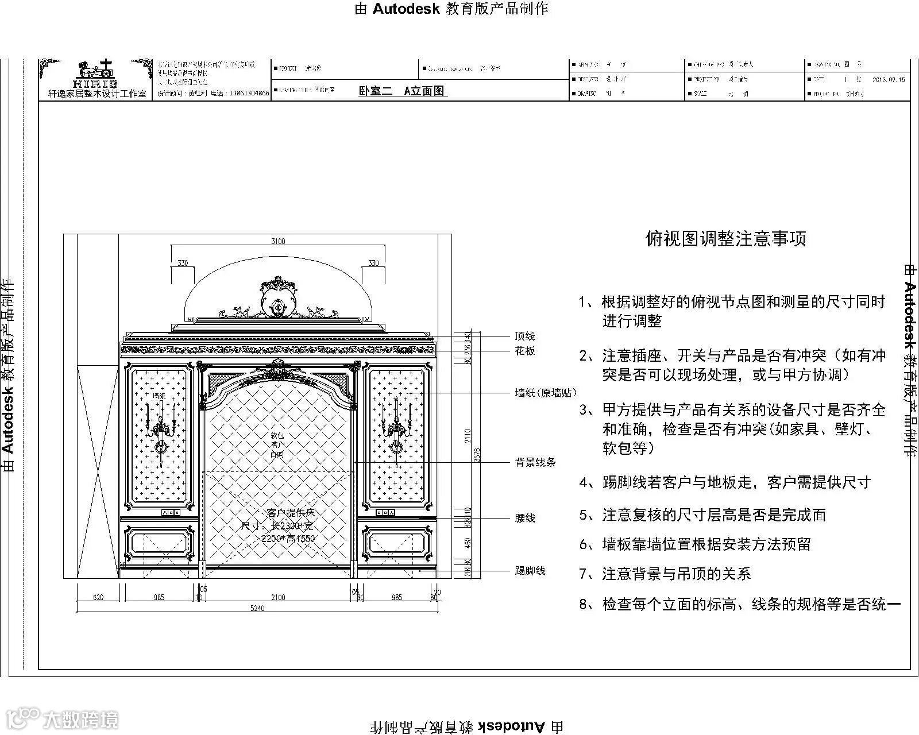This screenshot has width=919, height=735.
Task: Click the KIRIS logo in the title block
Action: click(x=95, y=75)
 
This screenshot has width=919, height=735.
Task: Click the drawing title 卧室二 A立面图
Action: click(x=402, y=91)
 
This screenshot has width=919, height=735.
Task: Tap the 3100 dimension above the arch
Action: click(x=278, y=241)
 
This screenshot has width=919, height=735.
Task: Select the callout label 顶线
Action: click(x=525, y=336)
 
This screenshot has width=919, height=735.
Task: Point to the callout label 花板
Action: click(x=525, y=351)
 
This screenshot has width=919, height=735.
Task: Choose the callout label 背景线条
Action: click(x=535, y=462)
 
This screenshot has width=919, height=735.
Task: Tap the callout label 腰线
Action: click(x=525, y=518)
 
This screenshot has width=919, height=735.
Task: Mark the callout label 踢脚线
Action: click(x=530, y=571)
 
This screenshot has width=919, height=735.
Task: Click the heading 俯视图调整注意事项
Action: click(x=726, y=239)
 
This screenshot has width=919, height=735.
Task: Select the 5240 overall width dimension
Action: click(x=257, y=608)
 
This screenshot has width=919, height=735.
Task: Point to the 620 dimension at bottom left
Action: click(x=98, y=597)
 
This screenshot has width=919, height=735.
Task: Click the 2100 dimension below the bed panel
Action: click(x=278, y=597)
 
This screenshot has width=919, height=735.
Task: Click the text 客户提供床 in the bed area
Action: click(x=291, y=512)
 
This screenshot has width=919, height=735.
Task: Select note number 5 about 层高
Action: click(x=702, y=515)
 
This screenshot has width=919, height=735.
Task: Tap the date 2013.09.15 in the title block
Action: click(x=889, y=80)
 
